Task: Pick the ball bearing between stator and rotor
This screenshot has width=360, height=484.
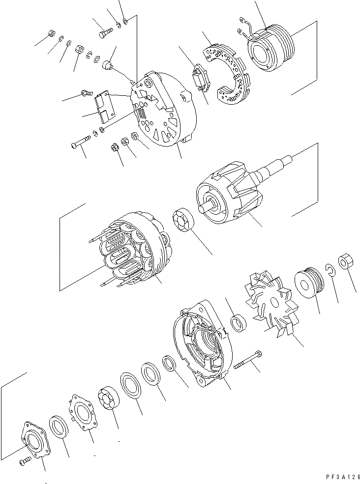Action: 183,221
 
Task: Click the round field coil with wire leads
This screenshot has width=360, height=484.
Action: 269,49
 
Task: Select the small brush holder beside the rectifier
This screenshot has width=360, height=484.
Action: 201,79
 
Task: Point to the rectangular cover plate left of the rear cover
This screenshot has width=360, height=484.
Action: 104,107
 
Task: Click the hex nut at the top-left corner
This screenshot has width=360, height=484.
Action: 51,33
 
